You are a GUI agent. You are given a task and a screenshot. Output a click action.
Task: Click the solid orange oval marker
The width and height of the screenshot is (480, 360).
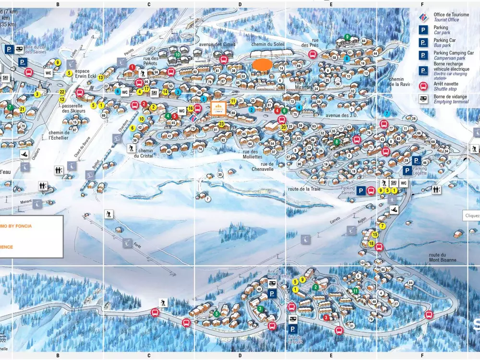pyautogui.click(x=262, y=65)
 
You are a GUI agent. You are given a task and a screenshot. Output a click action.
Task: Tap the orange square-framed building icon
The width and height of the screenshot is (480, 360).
pyautogui.click(x=218, y=108)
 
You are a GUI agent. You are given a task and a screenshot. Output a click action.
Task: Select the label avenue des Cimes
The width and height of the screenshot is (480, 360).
pyautogui.click(x=217, y=45)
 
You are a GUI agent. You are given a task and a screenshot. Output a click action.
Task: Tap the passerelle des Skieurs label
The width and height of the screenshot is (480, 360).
pyautogui.click(x=74, y=108)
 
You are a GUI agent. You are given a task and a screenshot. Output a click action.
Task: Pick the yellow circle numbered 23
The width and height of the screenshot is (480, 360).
pyautogui.click(x=221, y=124)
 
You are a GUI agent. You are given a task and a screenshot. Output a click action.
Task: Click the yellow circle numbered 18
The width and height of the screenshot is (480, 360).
pyautogui.click(x=372, y=243)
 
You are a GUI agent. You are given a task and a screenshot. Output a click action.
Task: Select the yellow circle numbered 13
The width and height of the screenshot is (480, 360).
pyautogui.click(x=101, y=77)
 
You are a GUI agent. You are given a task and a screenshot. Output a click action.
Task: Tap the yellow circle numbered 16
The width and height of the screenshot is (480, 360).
pyautogui.click(x=191, y=108)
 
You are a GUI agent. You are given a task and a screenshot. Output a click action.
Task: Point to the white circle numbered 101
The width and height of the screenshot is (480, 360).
pyautogui.click(x=362, y=263)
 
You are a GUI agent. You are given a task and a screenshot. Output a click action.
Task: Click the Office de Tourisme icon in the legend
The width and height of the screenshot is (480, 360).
pyautogui.click(x=423, y=17)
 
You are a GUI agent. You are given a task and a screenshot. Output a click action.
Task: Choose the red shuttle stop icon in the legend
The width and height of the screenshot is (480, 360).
pyautogui.click(x=423, y=86)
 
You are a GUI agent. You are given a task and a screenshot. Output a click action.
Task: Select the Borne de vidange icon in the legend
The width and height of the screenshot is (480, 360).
pyautogui.click(x=423, y=99)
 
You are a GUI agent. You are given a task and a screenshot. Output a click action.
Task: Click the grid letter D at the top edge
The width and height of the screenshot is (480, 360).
pyautogui.click(x=240, y=4)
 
